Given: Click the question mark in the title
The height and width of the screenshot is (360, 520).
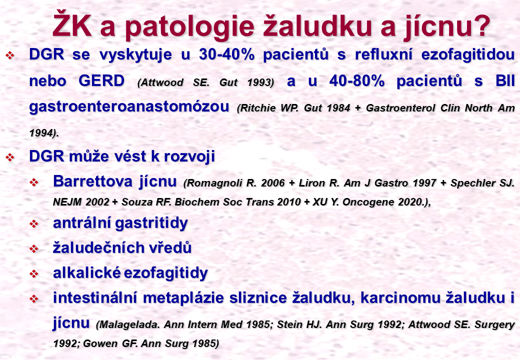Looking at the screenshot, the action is click(x=479, y=25).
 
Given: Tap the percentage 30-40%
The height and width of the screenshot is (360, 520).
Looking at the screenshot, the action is click(x=227, y=54).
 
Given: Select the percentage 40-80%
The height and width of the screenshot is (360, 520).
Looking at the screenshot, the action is click(x=356, y=80).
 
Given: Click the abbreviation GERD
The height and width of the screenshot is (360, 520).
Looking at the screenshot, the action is click(x=101, y=80).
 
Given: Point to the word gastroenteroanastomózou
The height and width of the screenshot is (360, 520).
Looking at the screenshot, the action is click(x=129, y=106).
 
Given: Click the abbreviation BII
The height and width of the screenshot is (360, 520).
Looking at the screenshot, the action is click(x=505, y=80).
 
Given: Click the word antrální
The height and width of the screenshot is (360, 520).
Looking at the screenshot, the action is click(x=81, y=223).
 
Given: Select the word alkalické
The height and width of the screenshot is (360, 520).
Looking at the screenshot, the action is click(x=87, y=273).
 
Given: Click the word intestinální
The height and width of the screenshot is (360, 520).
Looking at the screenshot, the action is click(x=95, y=297).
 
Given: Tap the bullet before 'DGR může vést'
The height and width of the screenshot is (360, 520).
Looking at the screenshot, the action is click(x=10, y=157).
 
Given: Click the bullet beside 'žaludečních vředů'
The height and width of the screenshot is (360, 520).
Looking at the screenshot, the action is click(x=34, y=248).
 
